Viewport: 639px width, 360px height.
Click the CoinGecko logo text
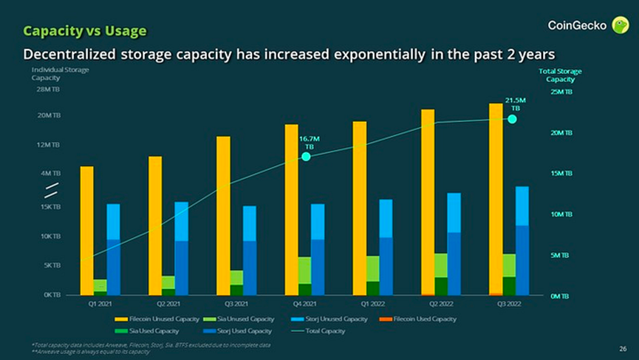click(577, 26)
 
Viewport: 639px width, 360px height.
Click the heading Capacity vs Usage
click(84, 30)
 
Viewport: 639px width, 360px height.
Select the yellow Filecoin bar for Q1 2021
click(87, 230)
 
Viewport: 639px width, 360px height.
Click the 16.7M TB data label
click(309, 142)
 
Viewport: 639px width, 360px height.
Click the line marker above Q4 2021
click(307, 157)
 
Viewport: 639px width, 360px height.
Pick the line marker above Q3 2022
click(512, 119)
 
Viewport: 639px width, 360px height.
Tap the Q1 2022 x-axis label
click(373, 304)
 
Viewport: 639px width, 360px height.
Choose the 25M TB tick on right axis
click(560, 91)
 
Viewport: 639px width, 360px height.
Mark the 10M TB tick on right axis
click(560, 214)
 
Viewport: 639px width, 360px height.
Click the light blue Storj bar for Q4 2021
click(318, 222)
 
